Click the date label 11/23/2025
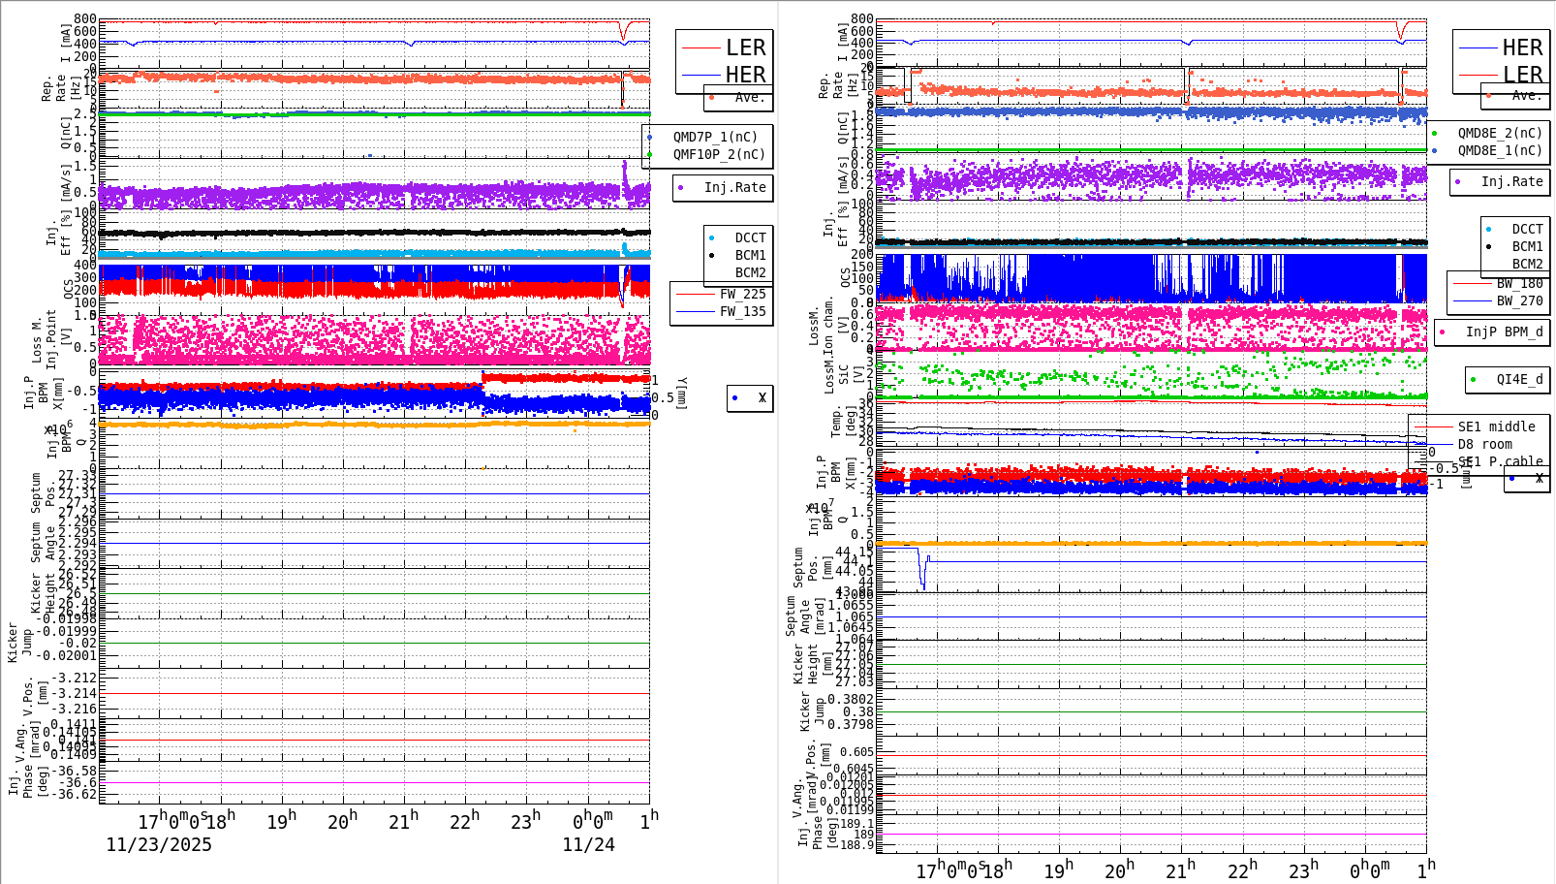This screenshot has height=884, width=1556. coord(159,844)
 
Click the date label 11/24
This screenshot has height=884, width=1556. coord(588,844)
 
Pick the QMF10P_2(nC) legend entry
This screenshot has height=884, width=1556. coord(718,154)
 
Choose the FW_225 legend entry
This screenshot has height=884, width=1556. coord(742,294)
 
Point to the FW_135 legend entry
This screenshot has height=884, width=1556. coord(742,311)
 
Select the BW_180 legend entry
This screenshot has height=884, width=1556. coord(1518,283)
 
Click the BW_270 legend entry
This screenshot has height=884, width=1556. coord(1518,300)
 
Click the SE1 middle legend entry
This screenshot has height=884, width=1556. coord(1496,426)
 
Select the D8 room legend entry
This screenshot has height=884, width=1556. coord(1484,444)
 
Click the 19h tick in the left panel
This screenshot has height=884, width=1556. coord(281,821)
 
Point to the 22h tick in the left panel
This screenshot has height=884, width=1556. coord(464,821)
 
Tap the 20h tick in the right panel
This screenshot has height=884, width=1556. coord(1119,870)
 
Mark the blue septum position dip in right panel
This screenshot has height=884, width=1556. coord(922,579)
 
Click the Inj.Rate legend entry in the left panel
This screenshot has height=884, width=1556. coord(734,187)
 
